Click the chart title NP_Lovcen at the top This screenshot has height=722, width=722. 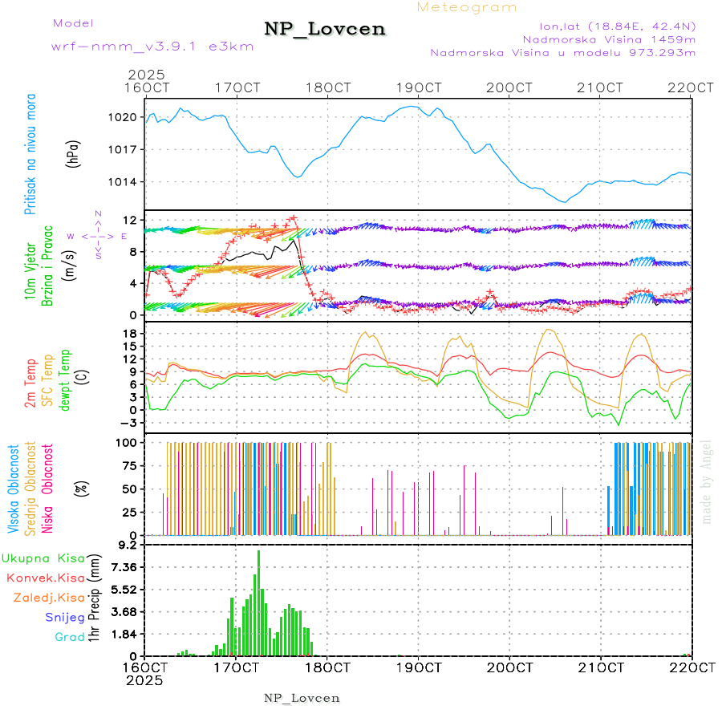[325, 30]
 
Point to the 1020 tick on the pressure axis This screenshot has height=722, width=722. [122, 117]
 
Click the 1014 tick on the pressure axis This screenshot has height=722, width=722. [122, 182]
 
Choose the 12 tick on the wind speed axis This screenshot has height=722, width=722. [128, 220]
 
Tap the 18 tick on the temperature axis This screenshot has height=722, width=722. [128, 333]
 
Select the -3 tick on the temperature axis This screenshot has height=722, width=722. [127, 423]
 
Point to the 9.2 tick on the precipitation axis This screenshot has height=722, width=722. [127, 545]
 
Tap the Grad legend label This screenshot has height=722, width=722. [69, 637]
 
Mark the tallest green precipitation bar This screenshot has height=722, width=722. [258, 602]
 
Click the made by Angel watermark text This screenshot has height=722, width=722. [706, 481]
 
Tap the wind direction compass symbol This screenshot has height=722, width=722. [98, 236]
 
